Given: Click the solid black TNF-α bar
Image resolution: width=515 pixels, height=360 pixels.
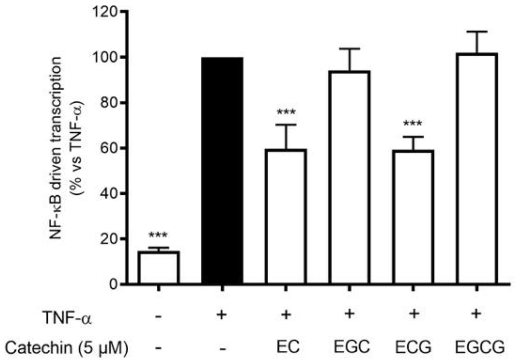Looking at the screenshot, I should tap(222, 171).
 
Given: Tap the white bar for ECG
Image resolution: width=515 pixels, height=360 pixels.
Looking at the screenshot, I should tap(413, 217).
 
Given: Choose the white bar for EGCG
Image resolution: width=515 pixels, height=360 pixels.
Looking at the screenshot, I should tap(477, 169).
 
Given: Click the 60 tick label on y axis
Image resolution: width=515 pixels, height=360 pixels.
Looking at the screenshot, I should tap(109, 148).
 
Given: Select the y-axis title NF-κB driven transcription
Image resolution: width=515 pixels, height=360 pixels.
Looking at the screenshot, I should tap(56, 148).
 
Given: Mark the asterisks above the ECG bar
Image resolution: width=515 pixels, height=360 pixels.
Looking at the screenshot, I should tap(412, 124).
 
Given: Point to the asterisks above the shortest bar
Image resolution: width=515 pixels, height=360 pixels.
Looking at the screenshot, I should tap(158, 235).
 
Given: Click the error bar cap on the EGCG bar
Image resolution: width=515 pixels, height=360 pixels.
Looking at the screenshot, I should tap(477, 32).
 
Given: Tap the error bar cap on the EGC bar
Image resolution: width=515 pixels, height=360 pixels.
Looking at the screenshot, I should tap(350, 49).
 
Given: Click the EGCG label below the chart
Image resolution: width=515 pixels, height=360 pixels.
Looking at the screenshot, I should tap(479, 347).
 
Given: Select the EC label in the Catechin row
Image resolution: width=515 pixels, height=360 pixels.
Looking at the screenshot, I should tap(288, 347).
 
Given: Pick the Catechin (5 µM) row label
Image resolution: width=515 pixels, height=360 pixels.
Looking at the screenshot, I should tap(66, 348).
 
